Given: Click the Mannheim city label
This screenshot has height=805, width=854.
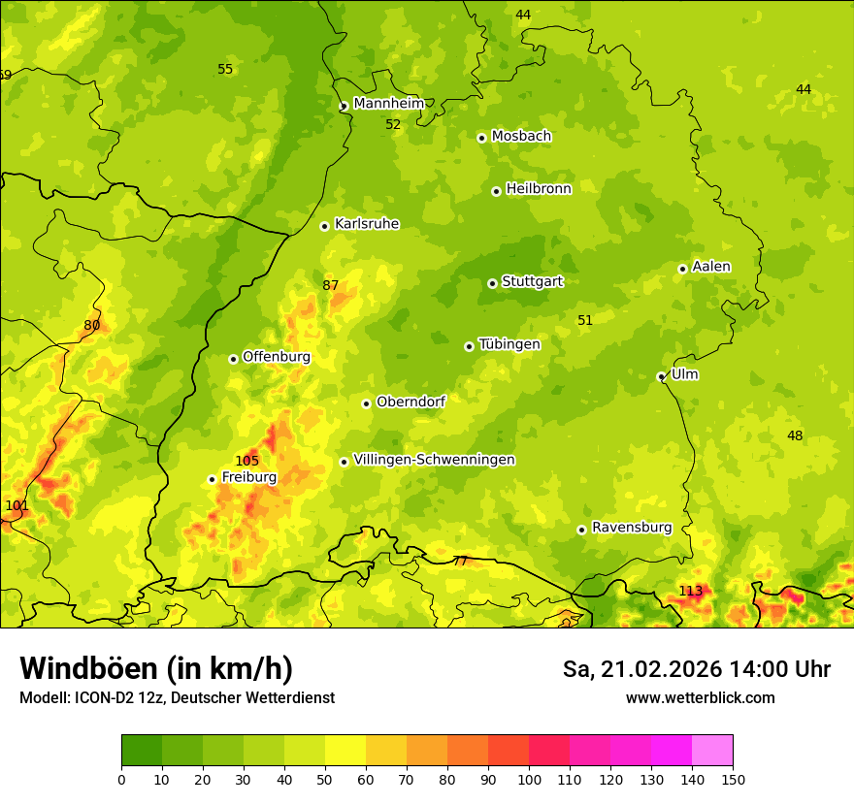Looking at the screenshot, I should tap(388, 104).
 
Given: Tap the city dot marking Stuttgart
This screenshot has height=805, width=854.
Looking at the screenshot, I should tap(492, 283).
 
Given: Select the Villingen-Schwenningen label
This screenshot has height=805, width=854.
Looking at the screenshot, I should tap(434, 460).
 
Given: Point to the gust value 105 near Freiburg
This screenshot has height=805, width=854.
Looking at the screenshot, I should tap(246, 461).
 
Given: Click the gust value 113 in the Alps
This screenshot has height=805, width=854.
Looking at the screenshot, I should tap(690, 591).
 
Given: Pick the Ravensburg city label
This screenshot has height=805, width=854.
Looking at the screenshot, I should tap(632, 528).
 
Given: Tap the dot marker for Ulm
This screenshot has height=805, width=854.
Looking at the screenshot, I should tap(661, 376).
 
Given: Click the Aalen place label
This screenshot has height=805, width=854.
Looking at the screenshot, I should tap(711, 267).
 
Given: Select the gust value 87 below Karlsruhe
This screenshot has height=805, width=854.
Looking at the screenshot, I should tap(331, 285).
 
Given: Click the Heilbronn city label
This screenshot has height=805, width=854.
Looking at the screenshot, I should tap(539, 189).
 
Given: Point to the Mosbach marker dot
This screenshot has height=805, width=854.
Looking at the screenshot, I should tap(481, 138).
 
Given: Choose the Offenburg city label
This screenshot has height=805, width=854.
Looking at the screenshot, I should tap(277, 357).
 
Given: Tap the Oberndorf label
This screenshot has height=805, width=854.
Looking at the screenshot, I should tap(411, 402).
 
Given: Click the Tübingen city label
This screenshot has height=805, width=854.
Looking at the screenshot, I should tap(509, 344).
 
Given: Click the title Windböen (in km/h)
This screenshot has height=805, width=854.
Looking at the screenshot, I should tap(155, 668).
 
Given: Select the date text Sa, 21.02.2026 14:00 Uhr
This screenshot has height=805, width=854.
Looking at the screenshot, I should tap(697, 669).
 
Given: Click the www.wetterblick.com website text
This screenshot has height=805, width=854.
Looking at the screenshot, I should tap(700, 697).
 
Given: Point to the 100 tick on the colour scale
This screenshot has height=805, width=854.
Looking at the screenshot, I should tap(529, 779).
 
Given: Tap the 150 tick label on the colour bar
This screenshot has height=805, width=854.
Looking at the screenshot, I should tap(733, 779).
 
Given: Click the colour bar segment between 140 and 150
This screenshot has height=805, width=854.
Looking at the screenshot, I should tap(712, 751).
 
